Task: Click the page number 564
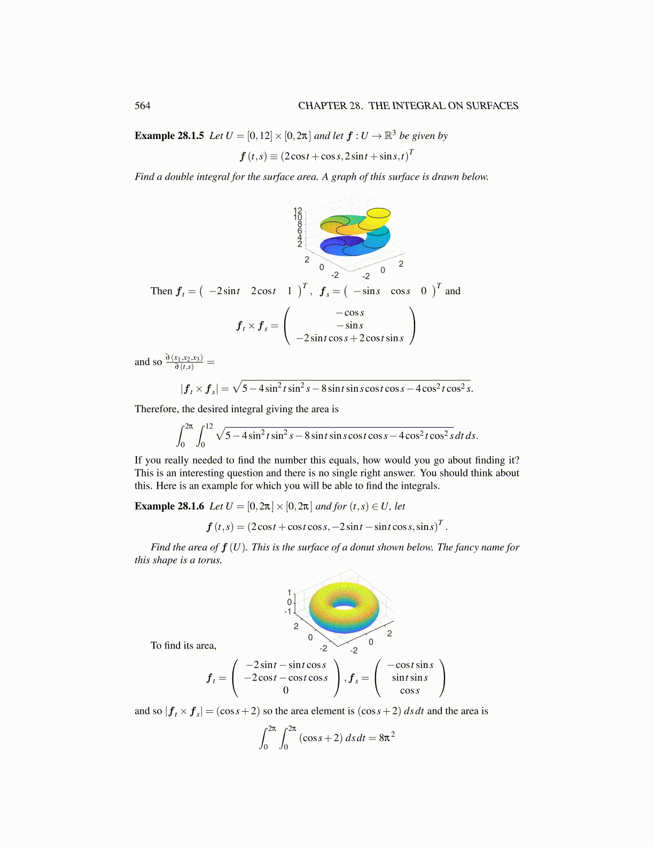tap(142, 106)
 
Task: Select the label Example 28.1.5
tap(169, 136)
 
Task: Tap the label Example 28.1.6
tap(169, 506)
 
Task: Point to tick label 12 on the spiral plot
tap(298, 211)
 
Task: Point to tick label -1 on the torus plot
tap(289, 611)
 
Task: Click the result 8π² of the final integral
tap(387, 738)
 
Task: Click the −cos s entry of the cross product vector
tap(350, 313)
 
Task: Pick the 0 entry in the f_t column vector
tap(285, 690)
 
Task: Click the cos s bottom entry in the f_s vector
tap(410, 690)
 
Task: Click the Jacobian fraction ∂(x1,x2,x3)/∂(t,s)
tap(184, 362)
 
